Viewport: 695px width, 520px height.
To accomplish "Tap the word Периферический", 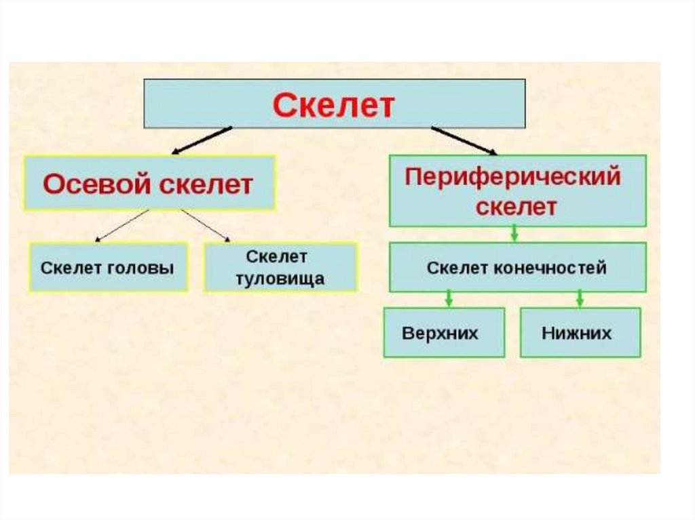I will (512, 178).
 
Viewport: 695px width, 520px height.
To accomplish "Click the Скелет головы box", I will (108, 267).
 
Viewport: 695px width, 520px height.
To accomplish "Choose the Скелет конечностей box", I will (516, 268).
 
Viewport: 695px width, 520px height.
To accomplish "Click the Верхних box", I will (444, 333).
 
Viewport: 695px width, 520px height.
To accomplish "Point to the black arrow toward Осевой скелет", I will (201, 140).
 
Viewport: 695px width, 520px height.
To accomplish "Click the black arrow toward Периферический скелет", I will (464, 140).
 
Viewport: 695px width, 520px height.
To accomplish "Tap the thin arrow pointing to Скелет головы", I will (123, 225).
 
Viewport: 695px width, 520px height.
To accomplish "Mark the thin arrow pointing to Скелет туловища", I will (206, 225).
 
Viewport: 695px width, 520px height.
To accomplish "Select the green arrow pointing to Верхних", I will (448, 298).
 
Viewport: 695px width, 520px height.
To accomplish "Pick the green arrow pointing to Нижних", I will (580, 298).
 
